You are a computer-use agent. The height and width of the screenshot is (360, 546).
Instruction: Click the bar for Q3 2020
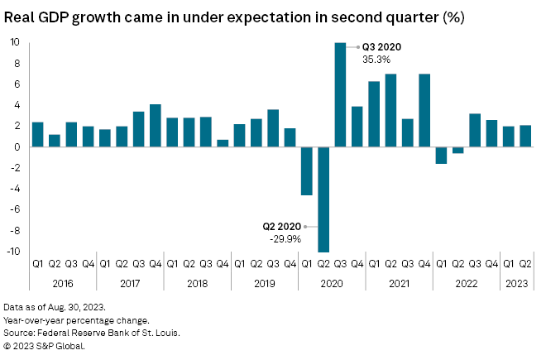tap(340, 94)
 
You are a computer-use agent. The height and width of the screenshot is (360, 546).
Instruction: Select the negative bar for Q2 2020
tap(323, 199)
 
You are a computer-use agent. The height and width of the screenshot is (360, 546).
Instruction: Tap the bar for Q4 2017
tap(155, 126)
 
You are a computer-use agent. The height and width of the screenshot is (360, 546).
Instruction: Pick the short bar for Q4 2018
tap(223, 143)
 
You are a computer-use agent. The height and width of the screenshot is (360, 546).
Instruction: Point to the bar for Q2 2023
tap(525, 137)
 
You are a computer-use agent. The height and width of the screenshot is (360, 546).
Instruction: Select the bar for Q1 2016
tap(37, 134)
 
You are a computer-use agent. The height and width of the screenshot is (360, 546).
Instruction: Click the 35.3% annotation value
tap(374, 60)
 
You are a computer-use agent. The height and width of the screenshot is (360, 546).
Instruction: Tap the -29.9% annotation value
tap(285, 238)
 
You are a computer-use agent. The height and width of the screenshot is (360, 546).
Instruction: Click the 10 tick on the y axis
tap(16, 42)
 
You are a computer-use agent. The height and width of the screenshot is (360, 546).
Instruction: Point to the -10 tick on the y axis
tap(14, 252)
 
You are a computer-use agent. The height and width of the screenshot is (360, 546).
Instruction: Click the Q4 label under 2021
tap(424, 264)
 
